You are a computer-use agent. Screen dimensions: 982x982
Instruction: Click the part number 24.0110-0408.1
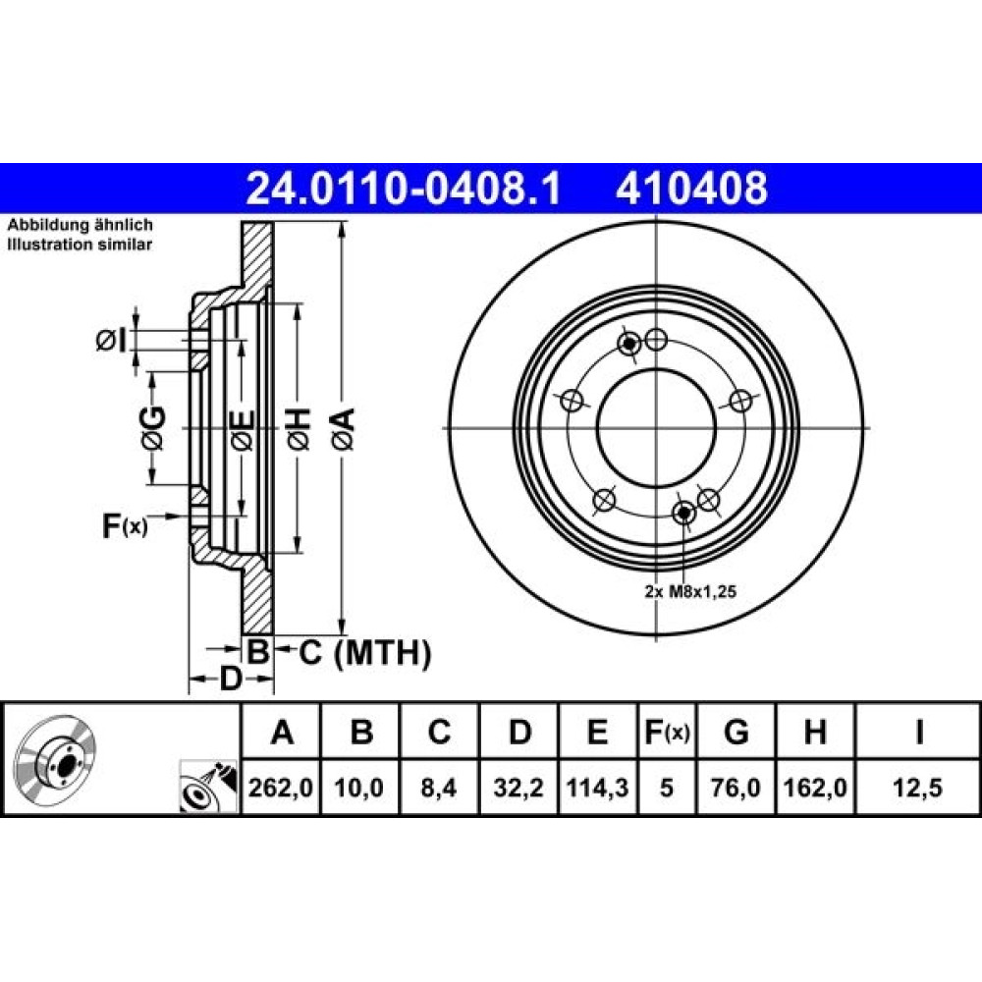404,189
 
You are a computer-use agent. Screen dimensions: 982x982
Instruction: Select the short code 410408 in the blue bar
691,189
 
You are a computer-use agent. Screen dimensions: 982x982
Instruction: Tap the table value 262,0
281,788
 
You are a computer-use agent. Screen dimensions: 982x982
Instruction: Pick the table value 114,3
597,788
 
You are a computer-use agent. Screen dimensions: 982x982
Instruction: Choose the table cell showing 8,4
439,788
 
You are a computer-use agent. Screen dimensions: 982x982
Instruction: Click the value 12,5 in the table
917,788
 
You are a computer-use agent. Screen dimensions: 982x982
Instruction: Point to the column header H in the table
815,732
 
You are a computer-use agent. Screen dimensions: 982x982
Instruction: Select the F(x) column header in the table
667,732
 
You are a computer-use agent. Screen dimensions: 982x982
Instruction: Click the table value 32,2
518,788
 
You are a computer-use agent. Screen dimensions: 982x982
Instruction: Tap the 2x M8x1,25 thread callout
690,591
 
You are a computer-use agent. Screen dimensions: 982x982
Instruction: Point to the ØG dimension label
153,428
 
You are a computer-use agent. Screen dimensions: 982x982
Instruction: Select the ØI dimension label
112,342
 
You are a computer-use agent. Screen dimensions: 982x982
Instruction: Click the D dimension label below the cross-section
231,679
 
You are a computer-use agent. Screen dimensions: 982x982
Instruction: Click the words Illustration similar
80,245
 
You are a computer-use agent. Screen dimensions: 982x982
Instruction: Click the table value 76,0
736,788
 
